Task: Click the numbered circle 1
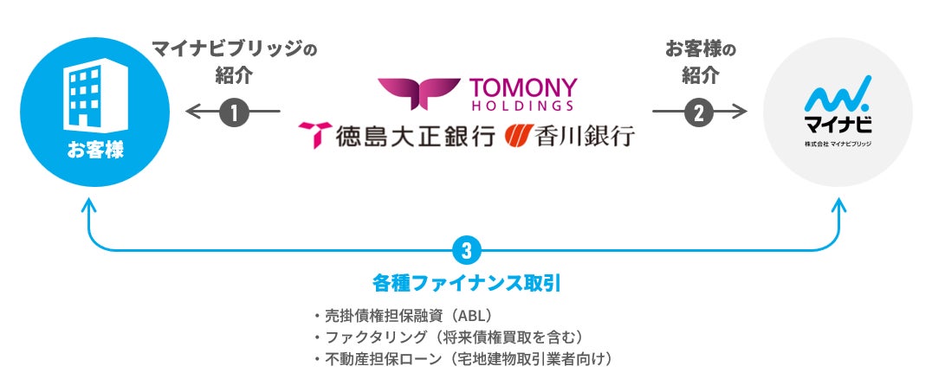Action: [234, 112]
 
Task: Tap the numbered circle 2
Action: [699, 112]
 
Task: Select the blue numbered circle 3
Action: [466, 251]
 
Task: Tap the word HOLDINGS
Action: [521, 106]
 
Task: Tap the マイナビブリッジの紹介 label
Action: [234, 61]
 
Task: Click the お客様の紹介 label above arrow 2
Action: [700, 61]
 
